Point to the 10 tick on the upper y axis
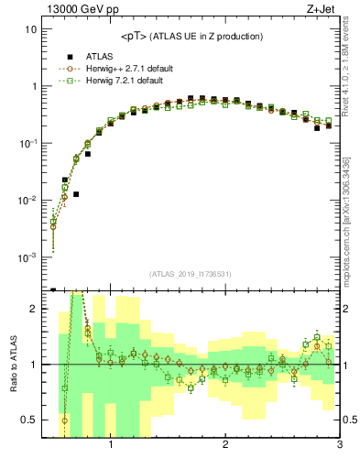tap(31, 29)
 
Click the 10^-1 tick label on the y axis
tap(27, 144)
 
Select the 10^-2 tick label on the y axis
tap(27, 201)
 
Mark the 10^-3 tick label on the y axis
tap(27, 257)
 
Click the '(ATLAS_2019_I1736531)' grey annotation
tap(190, 274)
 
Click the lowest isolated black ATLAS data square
tap(76, 194)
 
